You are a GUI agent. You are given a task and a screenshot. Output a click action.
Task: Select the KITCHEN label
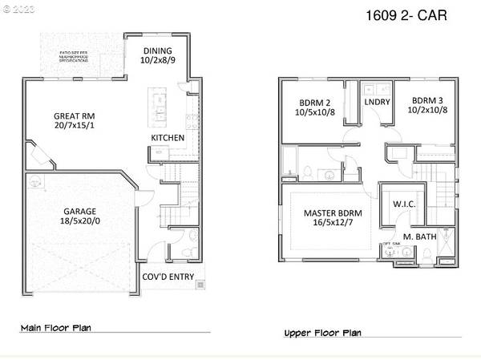click(168, 138)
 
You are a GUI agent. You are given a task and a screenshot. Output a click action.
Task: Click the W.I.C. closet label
click(402, 204)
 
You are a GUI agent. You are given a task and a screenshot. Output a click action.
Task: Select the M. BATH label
click(418, 237)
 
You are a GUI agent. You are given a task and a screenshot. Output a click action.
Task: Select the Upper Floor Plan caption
click(322, 332)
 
